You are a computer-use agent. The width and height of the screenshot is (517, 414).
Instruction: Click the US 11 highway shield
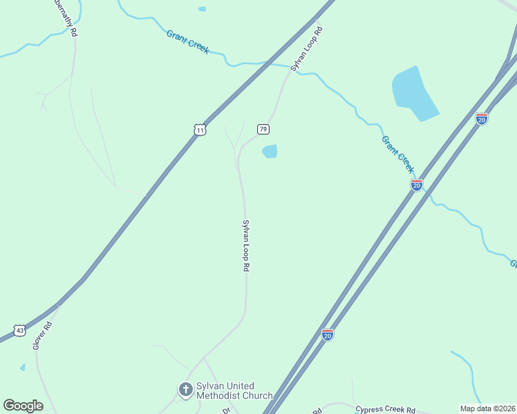click(200, 129)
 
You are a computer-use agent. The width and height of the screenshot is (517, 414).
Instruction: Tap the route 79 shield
click(263, 129)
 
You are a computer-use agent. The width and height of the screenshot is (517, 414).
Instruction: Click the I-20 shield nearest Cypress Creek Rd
click(328, 335)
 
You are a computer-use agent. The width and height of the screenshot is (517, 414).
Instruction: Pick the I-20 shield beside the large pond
click(482, 119)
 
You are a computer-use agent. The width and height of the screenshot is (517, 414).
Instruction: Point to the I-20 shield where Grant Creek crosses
click(416, 185)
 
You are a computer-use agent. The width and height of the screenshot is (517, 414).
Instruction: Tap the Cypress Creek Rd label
click(385, 409)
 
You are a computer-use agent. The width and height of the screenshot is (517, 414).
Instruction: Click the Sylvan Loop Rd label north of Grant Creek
click(307, 50)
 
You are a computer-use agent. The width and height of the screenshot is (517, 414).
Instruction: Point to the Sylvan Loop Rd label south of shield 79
click(245, 245)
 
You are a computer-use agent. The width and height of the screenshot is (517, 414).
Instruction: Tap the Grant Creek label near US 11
click(187, 41)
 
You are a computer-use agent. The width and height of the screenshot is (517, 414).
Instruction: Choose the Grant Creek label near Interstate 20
click(398, 154)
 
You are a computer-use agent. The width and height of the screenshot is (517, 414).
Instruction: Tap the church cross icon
click(185, 390)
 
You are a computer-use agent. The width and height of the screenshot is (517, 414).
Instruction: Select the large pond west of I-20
click(413, 92)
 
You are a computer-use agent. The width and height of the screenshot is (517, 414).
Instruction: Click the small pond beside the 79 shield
click(270, 151)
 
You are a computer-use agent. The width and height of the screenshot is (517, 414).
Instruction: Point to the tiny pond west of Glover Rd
click(23, 367)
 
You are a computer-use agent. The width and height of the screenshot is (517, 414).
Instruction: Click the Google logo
click(23, 406)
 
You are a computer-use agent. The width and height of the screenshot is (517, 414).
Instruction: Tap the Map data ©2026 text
click(487, 408)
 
